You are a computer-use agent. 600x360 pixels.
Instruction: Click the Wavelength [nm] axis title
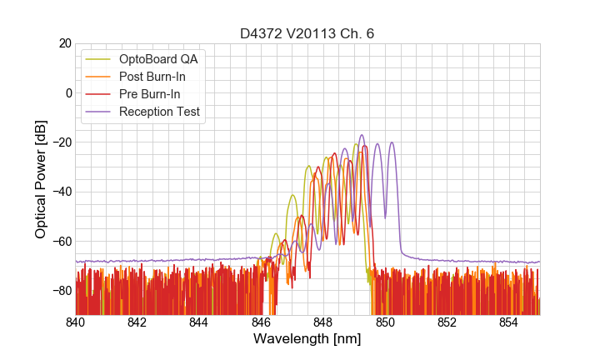point(307,340)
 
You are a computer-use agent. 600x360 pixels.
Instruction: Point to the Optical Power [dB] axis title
point(40,178)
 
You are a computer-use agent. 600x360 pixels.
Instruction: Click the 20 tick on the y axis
point(64,43)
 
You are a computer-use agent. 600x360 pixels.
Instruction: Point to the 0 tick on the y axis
point(68,92)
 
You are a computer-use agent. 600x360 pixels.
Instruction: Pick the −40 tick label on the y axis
point(60,192)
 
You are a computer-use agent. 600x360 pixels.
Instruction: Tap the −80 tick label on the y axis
point(60,290)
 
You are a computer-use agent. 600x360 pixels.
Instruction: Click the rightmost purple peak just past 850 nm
point(391,143)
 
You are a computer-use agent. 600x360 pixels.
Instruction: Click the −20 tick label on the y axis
point(60,142)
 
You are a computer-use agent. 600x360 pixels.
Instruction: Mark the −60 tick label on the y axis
point(60,241)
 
